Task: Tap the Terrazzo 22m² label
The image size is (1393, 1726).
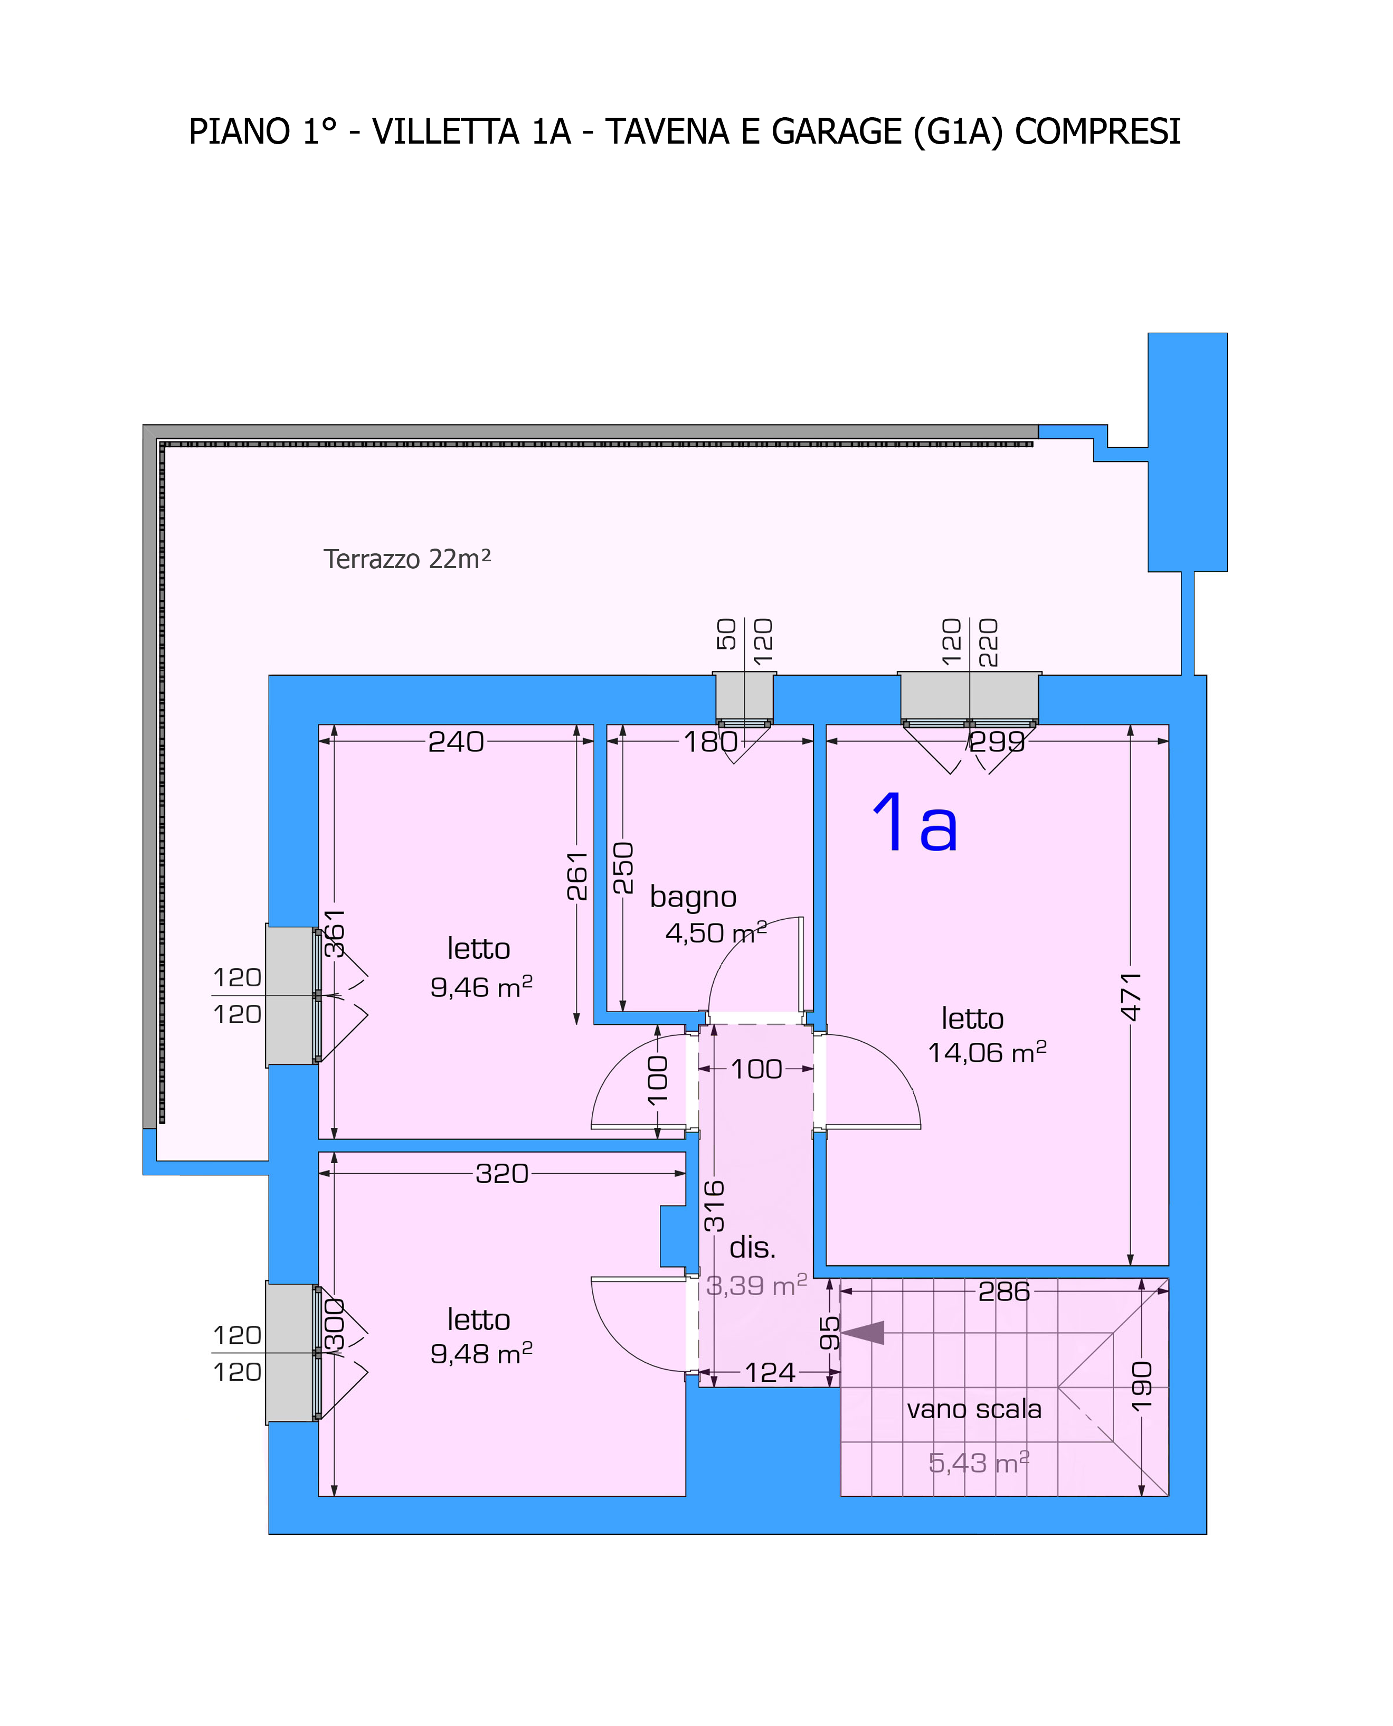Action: [x=407, y=559]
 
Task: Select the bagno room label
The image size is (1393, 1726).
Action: [x=693, y=897]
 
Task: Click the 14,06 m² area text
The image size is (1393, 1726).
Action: [x=987, y=1052]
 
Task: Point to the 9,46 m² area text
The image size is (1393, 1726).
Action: [x=481, y=986]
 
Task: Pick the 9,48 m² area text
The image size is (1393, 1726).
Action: [x=481, y=1354]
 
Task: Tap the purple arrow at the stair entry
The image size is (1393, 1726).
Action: [x=862, y=1333]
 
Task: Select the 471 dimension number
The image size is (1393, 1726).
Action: [x=1131, y=997]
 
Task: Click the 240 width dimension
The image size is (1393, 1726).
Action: [x=456, y=741]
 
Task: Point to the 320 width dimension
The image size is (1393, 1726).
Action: [x=503, y=1174]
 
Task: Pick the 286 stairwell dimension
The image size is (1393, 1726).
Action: [x=1004, y=1291]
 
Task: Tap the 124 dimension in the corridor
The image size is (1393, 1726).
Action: [x=770, y=1373]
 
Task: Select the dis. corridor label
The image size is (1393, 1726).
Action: [x=753, y=1247]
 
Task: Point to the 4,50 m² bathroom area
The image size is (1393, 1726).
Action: [x=716, y=932]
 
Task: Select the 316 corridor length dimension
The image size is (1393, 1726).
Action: [x=713, y=1206]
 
